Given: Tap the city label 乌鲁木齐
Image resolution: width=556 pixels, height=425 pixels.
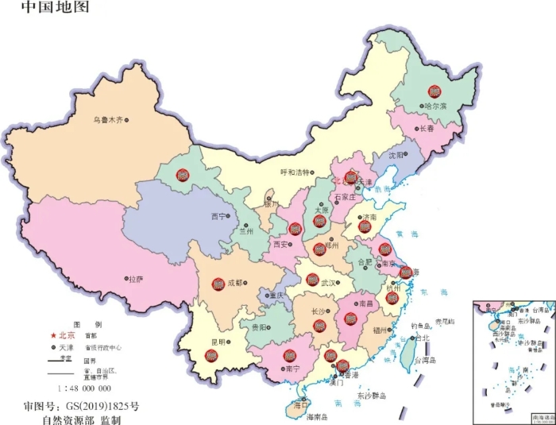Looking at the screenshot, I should pyautogui.click(x=107, y=120).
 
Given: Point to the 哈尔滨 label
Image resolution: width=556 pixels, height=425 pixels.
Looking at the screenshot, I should pyautogui.click(x=435, y=106).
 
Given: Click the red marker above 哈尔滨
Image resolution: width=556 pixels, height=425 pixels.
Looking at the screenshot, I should pyautogui.click(x=434, y=91).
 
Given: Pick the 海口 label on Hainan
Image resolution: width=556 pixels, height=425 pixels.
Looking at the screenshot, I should pyautogui.click(x=300, y=405).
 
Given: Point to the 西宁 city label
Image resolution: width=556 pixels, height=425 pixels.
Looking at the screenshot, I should pyautogui.click(x=218, y=216).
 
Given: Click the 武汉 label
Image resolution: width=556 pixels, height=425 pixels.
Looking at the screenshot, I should pyautogui.click(x=330, y=282).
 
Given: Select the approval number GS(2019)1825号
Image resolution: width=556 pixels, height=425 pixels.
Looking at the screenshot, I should pyautogui.click(x=81, y=405).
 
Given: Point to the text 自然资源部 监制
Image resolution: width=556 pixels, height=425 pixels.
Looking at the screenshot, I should pyautogui.click(x=81, y=419).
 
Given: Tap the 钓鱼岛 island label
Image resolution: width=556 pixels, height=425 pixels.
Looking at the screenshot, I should pyautogui.click(x=422, y=326).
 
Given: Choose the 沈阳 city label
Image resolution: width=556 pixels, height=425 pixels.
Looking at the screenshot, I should pyautogui.click(x=396, y=155).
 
